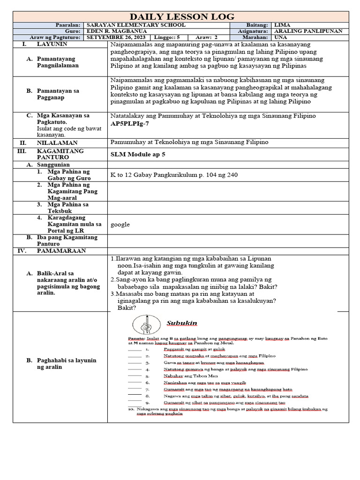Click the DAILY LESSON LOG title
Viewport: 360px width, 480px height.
point(180,16)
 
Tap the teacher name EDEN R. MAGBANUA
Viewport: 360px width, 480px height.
point(113,31)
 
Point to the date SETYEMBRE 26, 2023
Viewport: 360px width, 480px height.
point(116,37)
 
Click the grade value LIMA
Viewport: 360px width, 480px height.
point(282,25)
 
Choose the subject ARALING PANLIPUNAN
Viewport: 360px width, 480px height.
point(308,31)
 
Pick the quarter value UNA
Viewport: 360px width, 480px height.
point(281,37)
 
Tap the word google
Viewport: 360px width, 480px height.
point(120,225)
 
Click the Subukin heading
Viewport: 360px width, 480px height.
point(182,323)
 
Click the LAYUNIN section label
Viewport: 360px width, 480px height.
point(52,44)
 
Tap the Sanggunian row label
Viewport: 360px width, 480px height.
point(54,165)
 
